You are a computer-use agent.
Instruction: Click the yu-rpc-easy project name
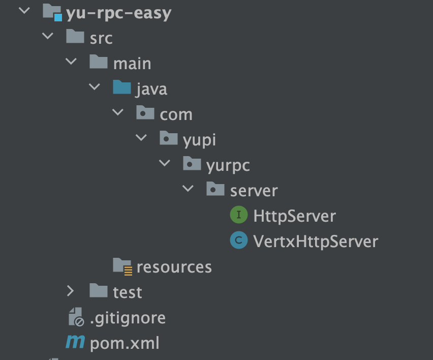pyautogui.click(x=119, y=13)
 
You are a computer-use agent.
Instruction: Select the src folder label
pyautogui.click(x=101, y=38)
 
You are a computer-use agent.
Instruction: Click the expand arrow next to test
pyautogui.click(x=70, y=291)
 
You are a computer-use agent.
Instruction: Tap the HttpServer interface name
pyautogui.click(x=295, y=216)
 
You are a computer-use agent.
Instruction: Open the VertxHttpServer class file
pyautogui.click(x=316, y=241)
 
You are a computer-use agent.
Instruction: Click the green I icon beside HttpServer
pyautogui.click(x=238, y=216)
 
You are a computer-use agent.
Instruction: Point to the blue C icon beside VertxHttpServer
pyautogui.click(x=238, y=241)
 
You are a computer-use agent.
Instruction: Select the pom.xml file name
pyautogui.click(x=125, y=343)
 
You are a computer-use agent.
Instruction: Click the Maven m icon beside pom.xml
pyautogui.click(x=75, y=343)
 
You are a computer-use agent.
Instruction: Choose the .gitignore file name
pyautogui.click(x=128, y=318)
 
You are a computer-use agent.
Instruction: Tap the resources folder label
pyautogui.click(x=174, y=267)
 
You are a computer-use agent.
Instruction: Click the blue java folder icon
pyautogui.click(x=122, y=88)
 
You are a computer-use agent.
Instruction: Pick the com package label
pyautogui.click(x=176, y=114)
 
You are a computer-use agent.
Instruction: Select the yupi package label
pyautogui.click(x=199, y=140)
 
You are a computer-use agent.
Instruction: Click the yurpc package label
pyautogui.click(x=228, y=165)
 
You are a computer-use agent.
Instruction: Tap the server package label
pyautogui.click(x=254, y=191)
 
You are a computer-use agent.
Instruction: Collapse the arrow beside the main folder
pyautogui.click(x=71, y=62)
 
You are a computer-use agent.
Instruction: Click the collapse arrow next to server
pyautogui.click(x=188, y=189)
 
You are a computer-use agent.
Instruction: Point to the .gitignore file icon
pyautogui.click(x=76, y=317)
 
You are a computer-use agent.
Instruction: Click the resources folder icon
pyautogui.click(x=122, y=266)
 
